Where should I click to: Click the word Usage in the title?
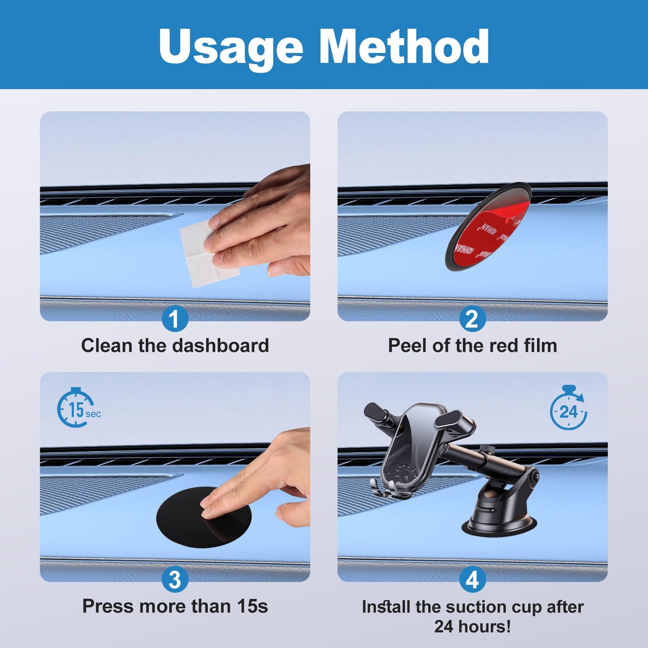point(231,48)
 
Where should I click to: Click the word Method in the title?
point(404,46)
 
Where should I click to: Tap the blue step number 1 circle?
point(175,318)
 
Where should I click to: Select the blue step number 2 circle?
point(472,318)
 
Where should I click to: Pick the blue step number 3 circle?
point(175,579)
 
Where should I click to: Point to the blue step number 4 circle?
point(472,579)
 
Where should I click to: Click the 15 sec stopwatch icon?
point(78,408)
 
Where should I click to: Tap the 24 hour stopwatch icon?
point(568,408)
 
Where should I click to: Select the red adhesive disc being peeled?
point(487,227)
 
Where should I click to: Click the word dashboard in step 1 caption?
point(221,345)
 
